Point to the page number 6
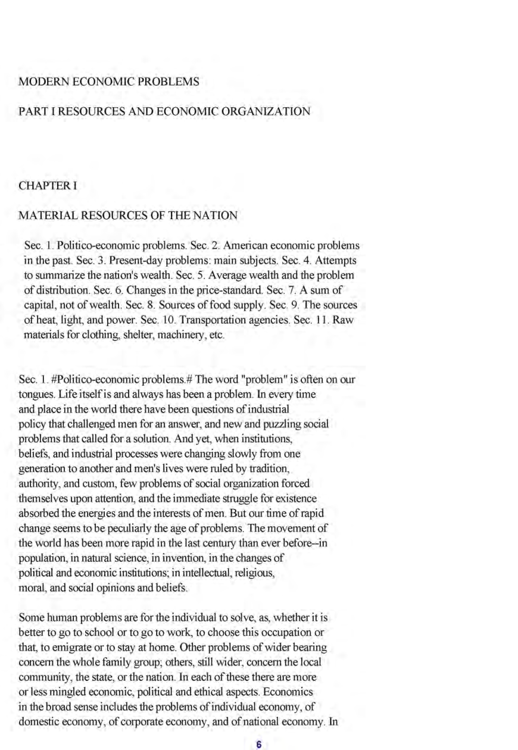pos(258,743)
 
